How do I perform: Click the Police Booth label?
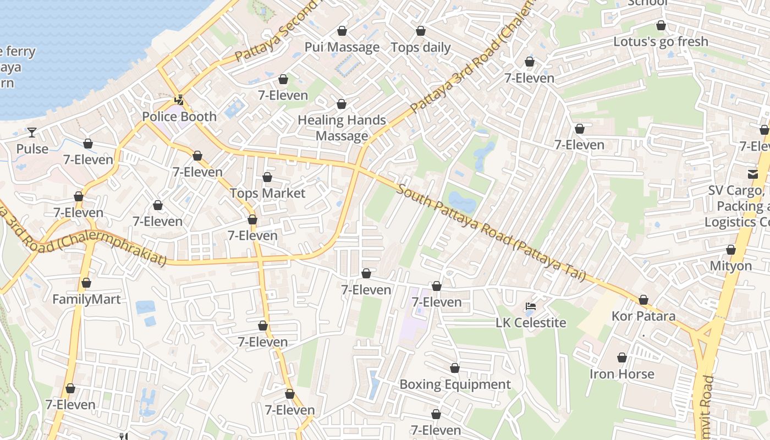pos(179,117)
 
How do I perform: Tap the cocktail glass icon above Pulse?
pos(32,132)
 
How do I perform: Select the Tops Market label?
pos(267,193)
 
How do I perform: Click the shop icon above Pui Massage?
pos(342,31)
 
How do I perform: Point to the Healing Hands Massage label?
pos(342,128)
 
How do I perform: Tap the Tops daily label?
pos(421,47)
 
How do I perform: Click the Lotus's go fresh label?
pos(661,42)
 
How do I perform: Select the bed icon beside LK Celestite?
pos(531,306)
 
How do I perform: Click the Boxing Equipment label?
pos(455,384)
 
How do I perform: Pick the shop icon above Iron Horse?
pos(622,358)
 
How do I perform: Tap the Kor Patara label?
pos(643,316)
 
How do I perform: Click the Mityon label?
pos(730,266)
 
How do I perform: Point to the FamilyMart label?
pos(86,299)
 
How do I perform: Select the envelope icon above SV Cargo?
pos(752,174)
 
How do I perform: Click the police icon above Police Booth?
pos(179,100)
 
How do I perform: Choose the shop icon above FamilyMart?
pos(86,283)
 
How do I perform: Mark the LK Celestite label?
pos(531,322)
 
